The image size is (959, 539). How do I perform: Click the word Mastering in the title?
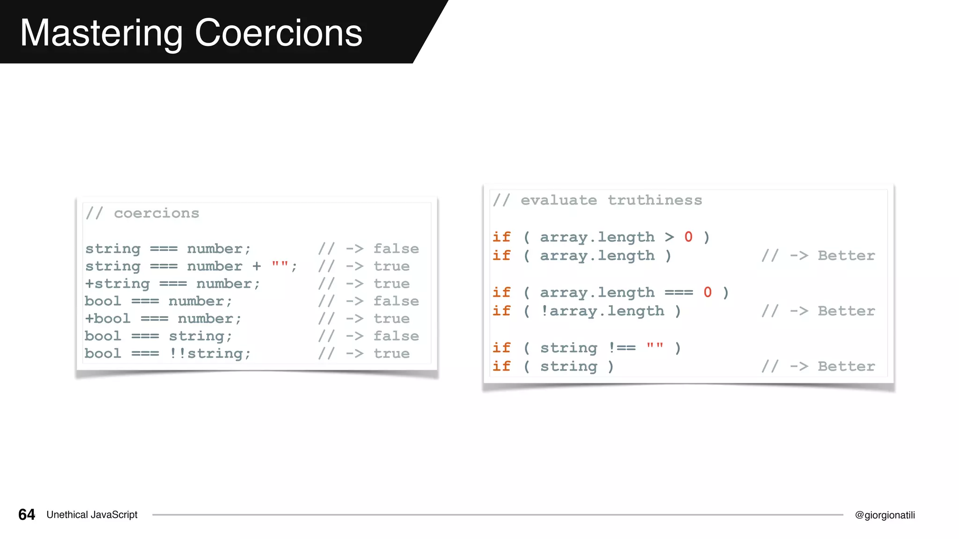click(101, 34)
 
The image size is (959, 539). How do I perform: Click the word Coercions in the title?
click(278, 33)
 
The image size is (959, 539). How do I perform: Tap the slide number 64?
click(27, 515)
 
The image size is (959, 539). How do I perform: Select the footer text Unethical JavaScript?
click(92, 515)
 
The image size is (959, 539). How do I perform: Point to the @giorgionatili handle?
click(885, 515)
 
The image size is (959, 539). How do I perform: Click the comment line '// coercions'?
click(142, 213)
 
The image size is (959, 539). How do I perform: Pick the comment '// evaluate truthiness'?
click(598, 200)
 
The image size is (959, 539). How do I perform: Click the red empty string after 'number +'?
click(280, 266)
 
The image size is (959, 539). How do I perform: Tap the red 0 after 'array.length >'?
click(688, 237)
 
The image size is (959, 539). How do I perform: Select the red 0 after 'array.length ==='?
click(708, 292)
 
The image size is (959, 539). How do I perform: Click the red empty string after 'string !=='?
click(655, 347)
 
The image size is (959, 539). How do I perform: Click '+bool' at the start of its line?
click(108, 319)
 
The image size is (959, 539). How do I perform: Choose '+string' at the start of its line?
click(118, 284)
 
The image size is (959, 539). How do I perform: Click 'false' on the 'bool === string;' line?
click(396, 336)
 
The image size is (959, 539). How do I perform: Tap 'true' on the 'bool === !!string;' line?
click(391, 354)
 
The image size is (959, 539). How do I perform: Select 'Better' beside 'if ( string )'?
click(846, 366)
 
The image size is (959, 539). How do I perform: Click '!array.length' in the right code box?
click(602, 311)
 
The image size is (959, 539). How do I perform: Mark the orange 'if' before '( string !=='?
click(502, 348)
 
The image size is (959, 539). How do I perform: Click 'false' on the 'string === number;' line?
click(396, 249)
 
